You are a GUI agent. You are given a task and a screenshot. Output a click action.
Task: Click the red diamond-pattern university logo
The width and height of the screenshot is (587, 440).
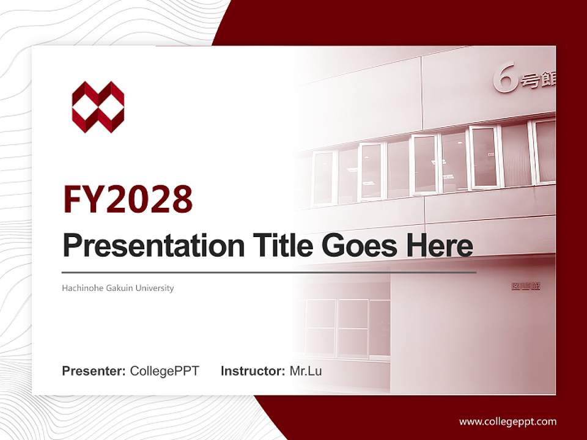tap(98, 107)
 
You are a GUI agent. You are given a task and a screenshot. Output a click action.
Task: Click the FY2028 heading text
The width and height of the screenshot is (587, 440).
tap(128, 199)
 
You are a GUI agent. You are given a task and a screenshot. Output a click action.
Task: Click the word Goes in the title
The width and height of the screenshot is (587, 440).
tap(356, 246)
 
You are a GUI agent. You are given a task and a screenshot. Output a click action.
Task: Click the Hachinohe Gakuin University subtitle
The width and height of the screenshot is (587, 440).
tap(117, 288)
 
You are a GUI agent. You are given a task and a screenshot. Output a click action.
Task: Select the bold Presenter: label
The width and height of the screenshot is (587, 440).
tap(94, 371)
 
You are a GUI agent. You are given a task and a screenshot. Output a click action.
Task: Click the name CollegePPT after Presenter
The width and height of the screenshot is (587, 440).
tap(164, 371)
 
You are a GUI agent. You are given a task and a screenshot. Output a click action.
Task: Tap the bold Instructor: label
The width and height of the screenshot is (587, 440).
tap(253, 371)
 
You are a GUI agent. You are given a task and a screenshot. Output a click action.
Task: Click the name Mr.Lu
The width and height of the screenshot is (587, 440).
tap(306, 371)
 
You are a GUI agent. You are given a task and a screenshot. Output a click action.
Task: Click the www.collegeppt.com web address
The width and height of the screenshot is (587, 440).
tap(508, 422)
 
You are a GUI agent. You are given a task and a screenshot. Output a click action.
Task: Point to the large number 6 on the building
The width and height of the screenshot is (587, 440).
tap(505, 80)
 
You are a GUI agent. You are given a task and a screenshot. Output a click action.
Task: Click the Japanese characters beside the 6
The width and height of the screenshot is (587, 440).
tap(538, 81)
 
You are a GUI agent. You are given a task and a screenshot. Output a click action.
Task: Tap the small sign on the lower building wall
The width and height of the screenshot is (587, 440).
tap(526, 286)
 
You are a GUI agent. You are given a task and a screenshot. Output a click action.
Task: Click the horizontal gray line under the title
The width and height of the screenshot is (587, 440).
tap(269, 272)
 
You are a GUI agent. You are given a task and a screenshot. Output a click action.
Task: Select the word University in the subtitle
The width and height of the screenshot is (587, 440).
tap(155, 288)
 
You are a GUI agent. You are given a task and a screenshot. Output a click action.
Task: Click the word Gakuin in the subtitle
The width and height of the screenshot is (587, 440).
tap(119, 288)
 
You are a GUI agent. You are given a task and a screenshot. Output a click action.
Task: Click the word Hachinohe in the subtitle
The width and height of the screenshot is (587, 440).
tap(81, 288)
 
